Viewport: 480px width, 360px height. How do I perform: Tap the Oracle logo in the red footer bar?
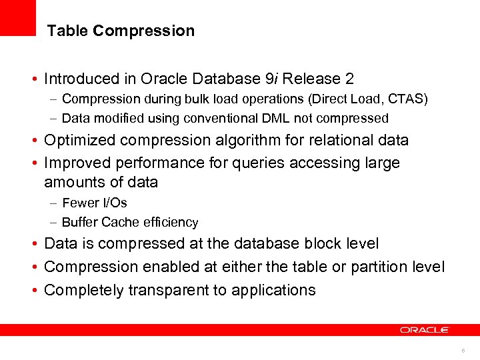[x=425, y=330]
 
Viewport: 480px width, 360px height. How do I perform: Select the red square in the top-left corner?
[x=17, y=17]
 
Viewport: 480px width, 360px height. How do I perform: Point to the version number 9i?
[x=271, y=79]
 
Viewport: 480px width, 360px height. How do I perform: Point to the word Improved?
[x=76, y=163]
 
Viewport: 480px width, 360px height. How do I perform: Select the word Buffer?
[x=79, y=222]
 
